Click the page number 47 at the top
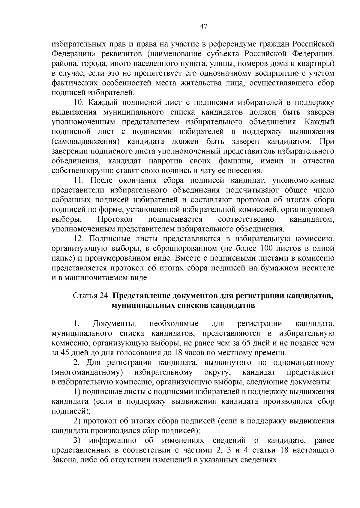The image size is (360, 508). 204,26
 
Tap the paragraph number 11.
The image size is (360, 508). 78,180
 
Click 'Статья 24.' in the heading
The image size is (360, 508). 92,296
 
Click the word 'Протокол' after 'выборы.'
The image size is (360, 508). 115,219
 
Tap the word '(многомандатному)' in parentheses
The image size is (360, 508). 87,372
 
